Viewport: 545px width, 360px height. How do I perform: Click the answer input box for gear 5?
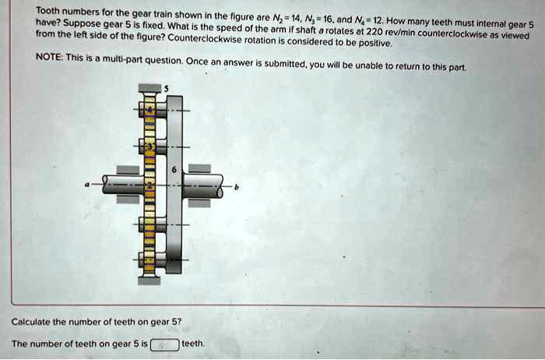click(x=164, y=344)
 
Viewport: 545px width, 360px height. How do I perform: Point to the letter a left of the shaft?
click(x=88, y=185)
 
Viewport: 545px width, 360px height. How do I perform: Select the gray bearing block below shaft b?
click(x=199, y=203)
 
